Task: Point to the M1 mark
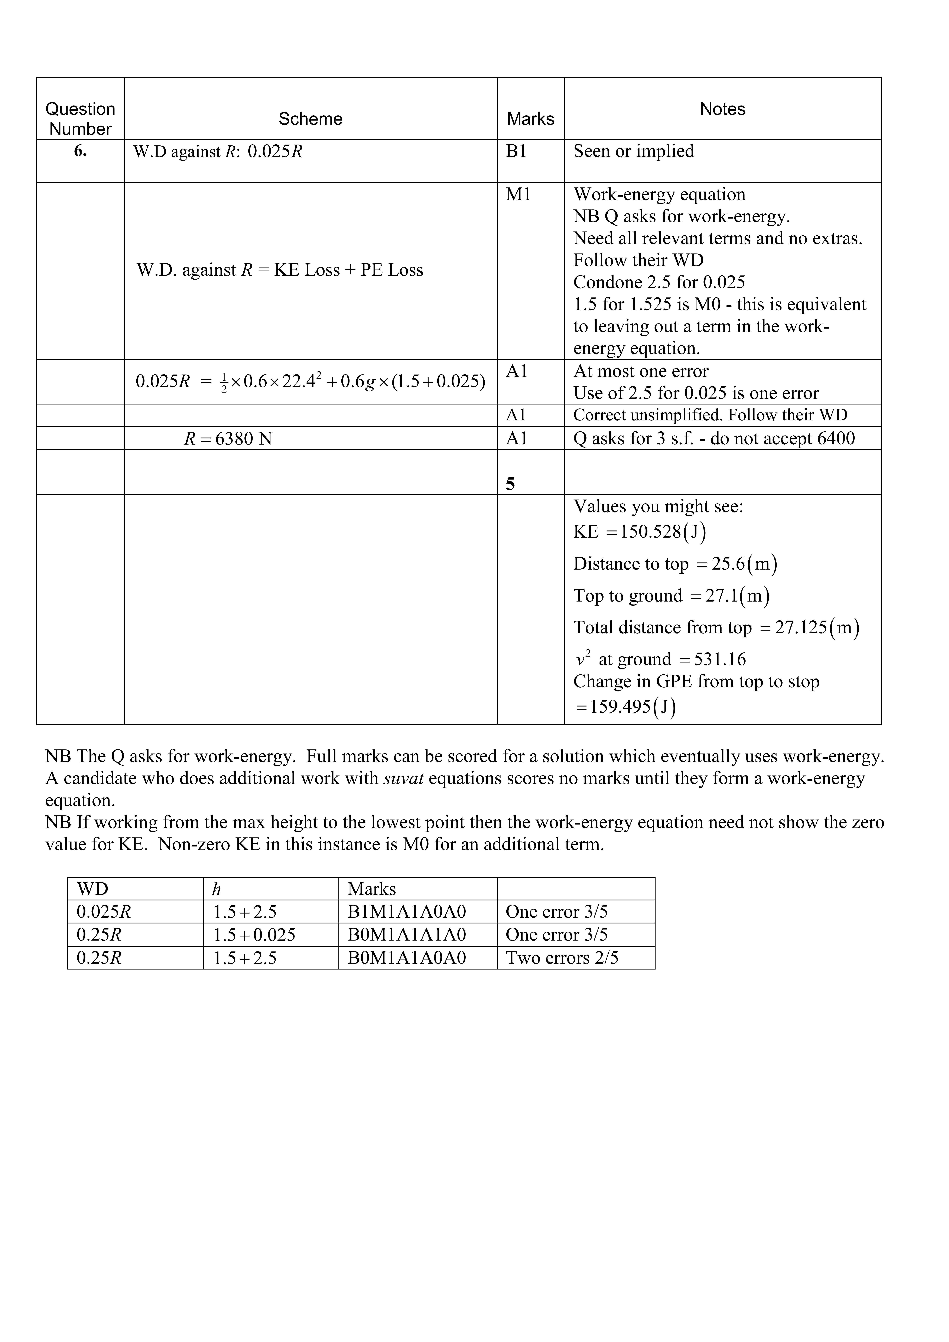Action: coord(518,195)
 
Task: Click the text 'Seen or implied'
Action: coord(633,151)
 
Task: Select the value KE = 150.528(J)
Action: coord(640,532)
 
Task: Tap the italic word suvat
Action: coord(403,778)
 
